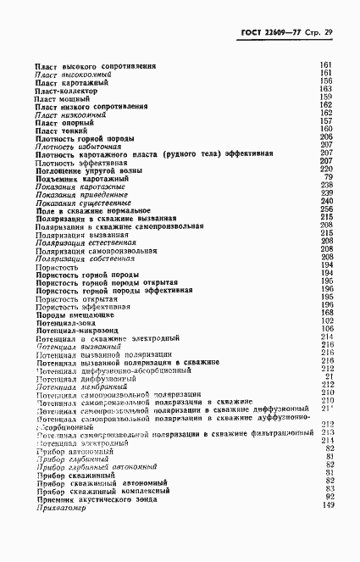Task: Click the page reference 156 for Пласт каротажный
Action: (326, 81)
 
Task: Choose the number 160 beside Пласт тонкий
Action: (326, 129)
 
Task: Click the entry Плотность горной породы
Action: (86, 137)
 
